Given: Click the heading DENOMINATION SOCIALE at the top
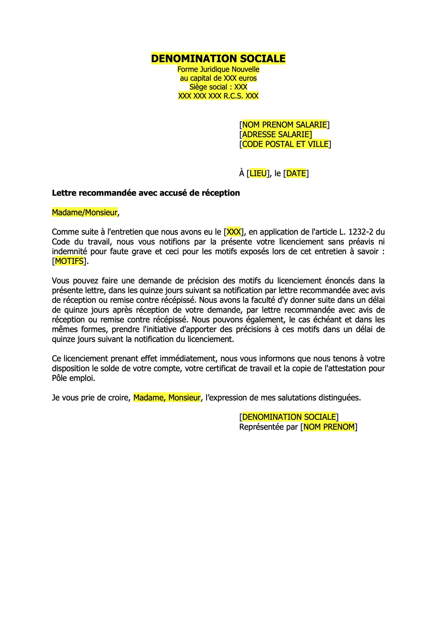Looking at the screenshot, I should (x=218, y=58).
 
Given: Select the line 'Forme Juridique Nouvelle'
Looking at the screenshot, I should (x=218, y=70).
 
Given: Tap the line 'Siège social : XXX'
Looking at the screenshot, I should (x=218, y=87).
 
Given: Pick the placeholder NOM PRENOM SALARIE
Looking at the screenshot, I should (x=284, y=125).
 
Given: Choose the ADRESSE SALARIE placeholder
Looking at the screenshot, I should (x=277, y=134).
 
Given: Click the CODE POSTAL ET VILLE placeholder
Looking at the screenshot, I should (x=285, y=144).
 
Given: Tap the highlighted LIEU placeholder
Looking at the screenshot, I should (x=258, y=173).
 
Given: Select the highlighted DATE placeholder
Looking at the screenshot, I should (x=296, y=173).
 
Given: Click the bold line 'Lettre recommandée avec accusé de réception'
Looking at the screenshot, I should (x=146, y=193).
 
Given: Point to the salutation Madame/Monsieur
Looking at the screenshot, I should (x=85, y=212).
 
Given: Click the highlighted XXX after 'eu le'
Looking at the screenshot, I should (x=233, y=232).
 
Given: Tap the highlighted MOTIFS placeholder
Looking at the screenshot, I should (x=69, y=261).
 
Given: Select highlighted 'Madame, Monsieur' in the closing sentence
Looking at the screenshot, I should (x=167, y=398).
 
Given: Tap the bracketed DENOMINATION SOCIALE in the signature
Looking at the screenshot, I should (x=289, y=417).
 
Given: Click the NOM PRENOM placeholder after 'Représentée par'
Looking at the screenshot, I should (x=329, y=427).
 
